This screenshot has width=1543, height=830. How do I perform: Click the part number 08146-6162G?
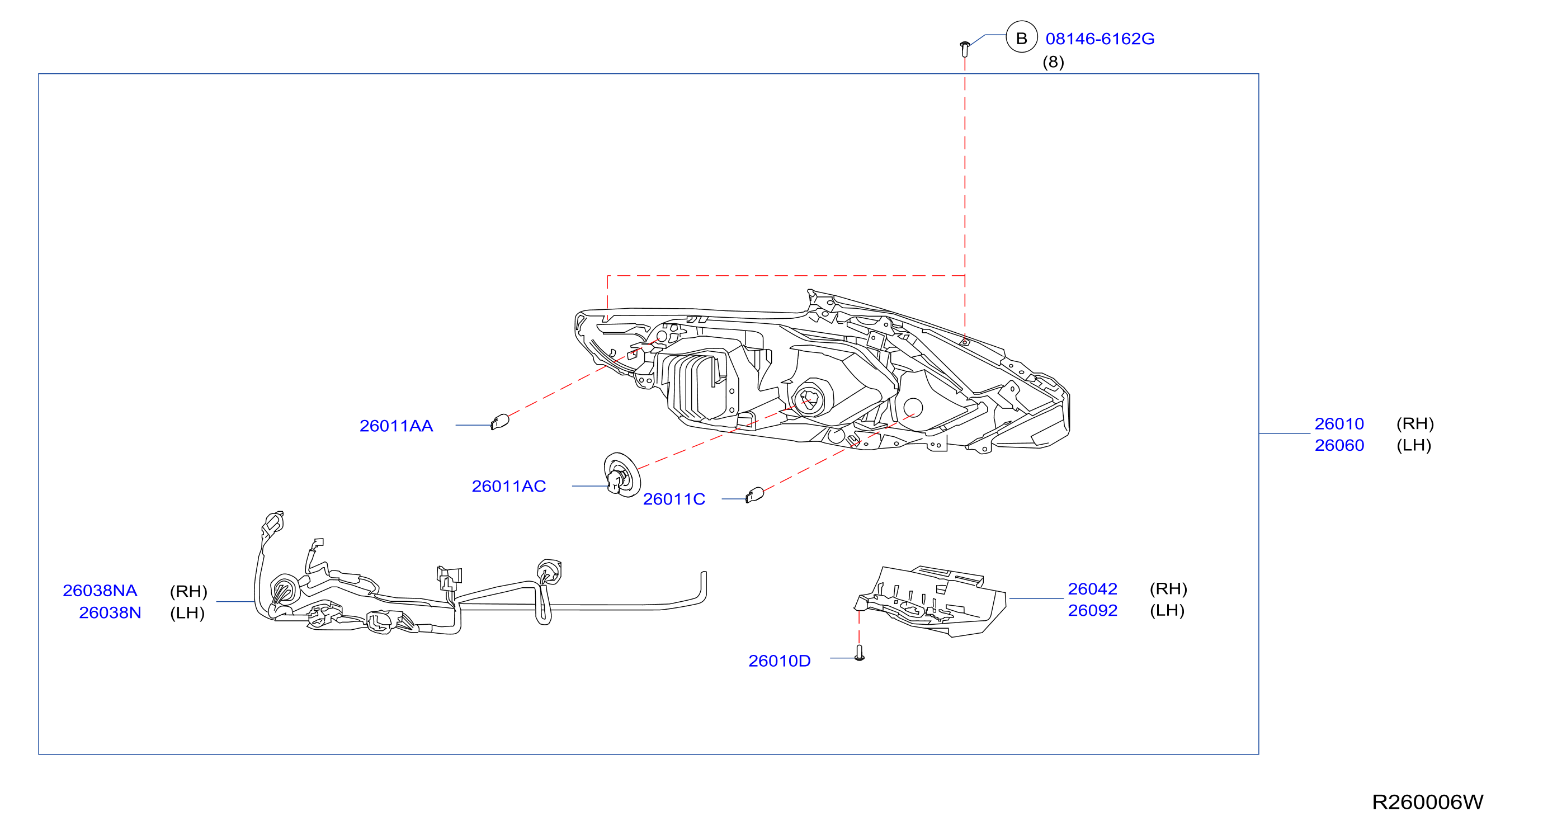click(1100, 39)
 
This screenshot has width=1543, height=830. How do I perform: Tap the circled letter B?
click(1021, 37)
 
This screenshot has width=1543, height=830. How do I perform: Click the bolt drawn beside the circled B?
click(964, 49)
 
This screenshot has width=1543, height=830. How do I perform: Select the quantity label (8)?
click(1053, 62)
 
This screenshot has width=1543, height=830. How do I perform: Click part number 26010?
click(1339, 423)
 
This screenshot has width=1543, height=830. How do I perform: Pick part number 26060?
click(1339, 445)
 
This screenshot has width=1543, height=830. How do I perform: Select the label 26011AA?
click(396, 426)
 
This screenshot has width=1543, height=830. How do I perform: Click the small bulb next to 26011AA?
click(499, 422)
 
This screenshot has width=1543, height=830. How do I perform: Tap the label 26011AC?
click(508, 486)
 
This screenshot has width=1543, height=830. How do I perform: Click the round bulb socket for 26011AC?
click(622, 475)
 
